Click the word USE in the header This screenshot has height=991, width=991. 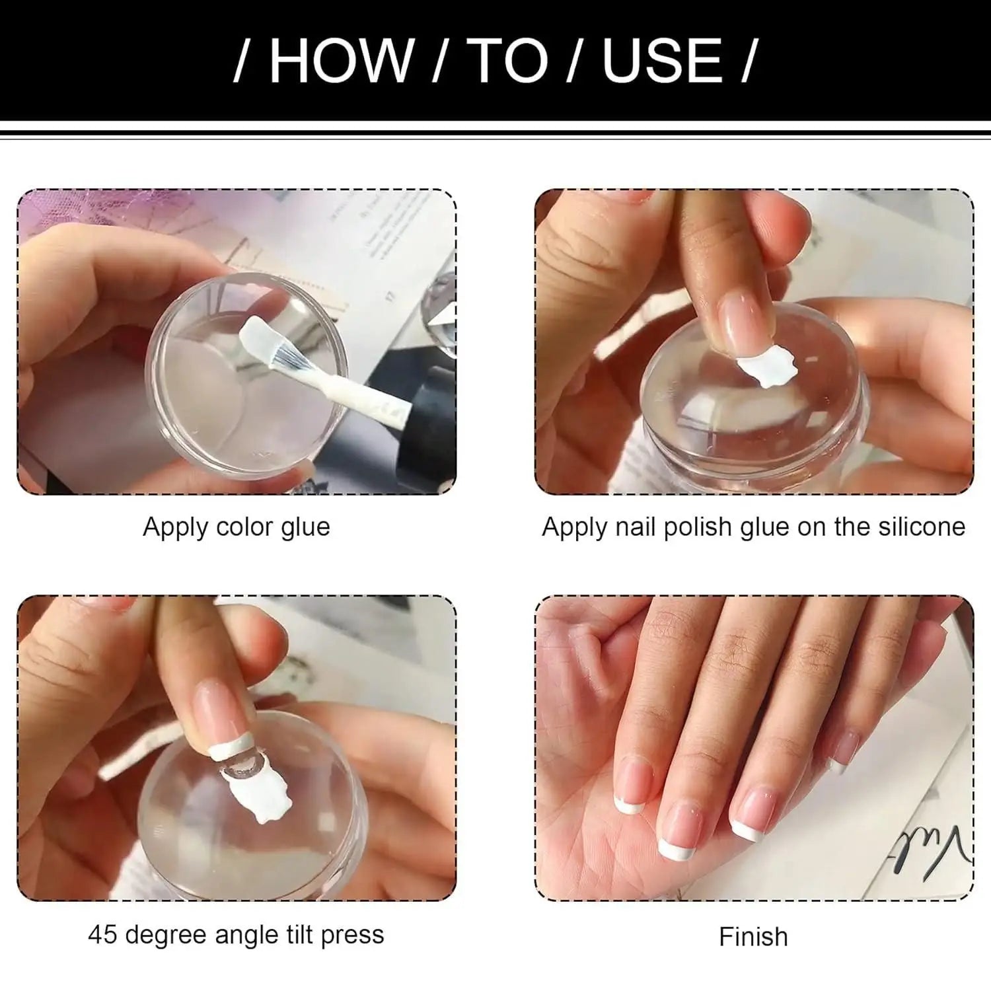coord(663,61)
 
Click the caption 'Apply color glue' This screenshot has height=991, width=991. coord(236,527)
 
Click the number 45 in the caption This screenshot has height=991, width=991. coord(103,935)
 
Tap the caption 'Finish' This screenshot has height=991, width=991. coord(753,937)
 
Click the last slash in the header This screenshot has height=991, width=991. coord(747,61)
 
